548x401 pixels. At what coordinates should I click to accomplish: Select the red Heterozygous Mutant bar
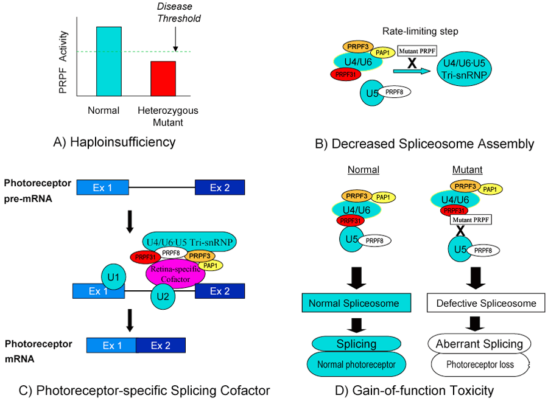click(x=163, y=78)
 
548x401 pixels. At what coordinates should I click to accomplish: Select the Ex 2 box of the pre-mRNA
click(x=219, y=187)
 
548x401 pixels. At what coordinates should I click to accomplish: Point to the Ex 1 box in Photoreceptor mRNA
click(x=111, y=346)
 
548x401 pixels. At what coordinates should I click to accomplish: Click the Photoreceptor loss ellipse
click(x=479, y=365)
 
